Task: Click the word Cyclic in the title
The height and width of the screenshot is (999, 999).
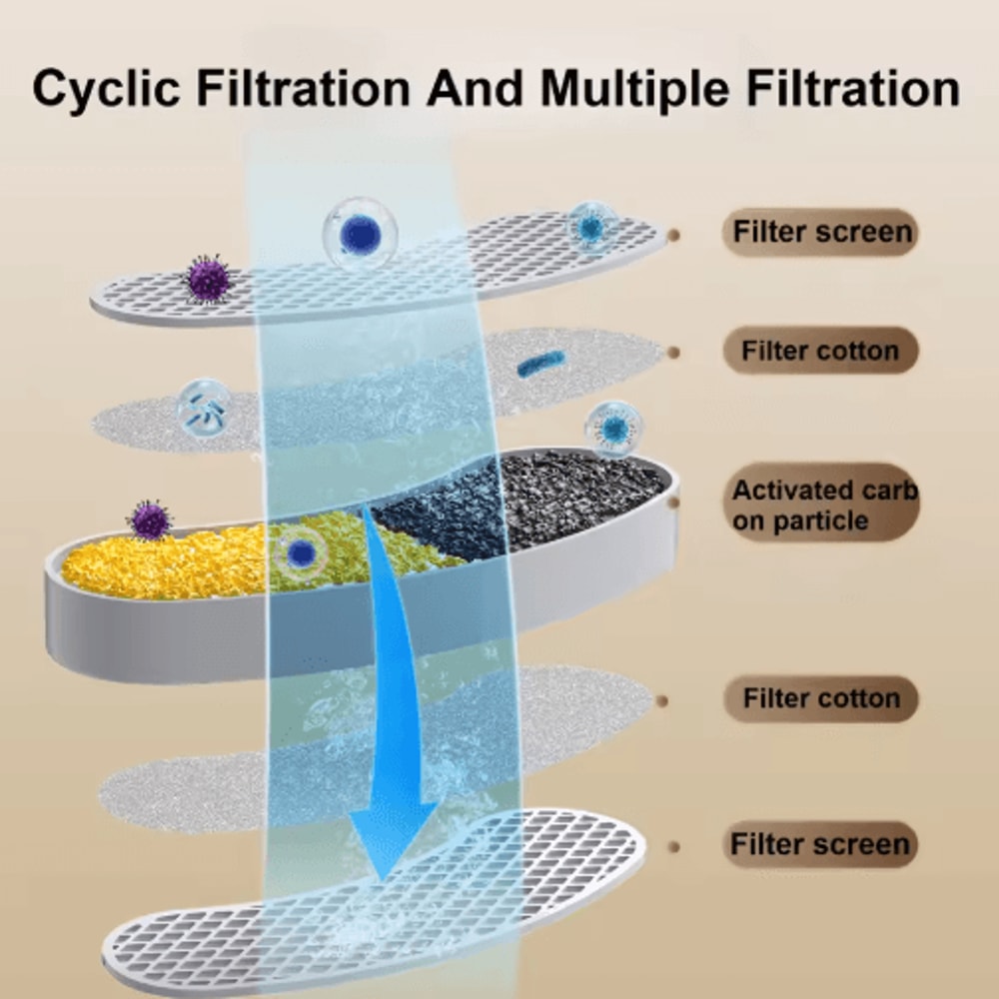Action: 106,89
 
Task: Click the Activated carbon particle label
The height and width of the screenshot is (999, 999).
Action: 823,504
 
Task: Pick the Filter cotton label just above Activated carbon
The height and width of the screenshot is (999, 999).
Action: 820,351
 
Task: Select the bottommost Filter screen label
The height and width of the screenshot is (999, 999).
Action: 820,844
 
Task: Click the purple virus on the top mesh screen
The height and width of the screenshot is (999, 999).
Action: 207,279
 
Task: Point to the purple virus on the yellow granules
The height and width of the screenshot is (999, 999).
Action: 150,519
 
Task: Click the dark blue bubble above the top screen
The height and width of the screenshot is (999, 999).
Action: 361,235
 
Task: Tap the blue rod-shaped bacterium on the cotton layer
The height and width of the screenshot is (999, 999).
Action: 540,364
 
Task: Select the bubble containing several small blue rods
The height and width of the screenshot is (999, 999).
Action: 203,408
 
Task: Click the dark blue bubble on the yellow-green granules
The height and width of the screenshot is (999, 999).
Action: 301,553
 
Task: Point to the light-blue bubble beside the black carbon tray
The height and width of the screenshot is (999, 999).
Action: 614,429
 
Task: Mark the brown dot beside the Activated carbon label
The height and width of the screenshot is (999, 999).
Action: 673,502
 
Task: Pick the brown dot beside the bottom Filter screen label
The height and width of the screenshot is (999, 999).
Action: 673,847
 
